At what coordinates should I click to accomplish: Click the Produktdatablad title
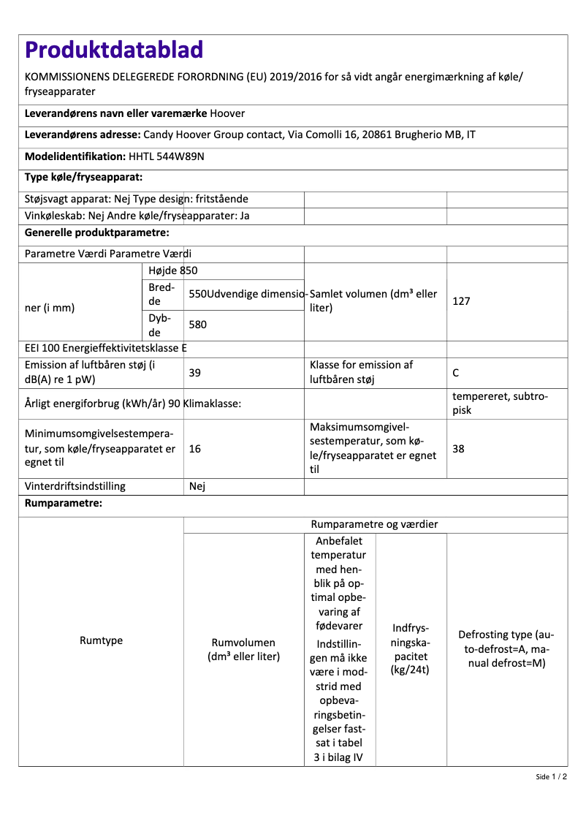point(114,50)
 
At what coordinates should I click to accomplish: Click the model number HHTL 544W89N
point(166,156)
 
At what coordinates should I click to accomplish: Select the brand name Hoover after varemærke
point(227,114)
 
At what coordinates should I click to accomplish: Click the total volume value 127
point(461,301)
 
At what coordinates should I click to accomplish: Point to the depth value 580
point(199,322)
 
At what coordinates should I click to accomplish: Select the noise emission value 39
point(195,373)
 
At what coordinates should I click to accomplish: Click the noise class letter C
point(456,373)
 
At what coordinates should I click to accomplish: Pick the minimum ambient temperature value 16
point(195,449)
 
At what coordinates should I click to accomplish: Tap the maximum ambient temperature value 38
point(459,449)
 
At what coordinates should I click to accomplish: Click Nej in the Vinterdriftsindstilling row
point(197,486)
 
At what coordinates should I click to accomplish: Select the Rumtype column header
point(101,641)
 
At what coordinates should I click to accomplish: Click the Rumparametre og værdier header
point(375,525)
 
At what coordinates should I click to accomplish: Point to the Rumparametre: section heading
point(64,504)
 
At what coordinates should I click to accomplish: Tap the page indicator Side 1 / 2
point(551,777)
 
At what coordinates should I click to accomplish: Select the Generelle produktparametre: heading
point(97,233)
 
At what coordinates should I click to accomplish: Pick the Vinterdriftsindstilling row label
point(75,486)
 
